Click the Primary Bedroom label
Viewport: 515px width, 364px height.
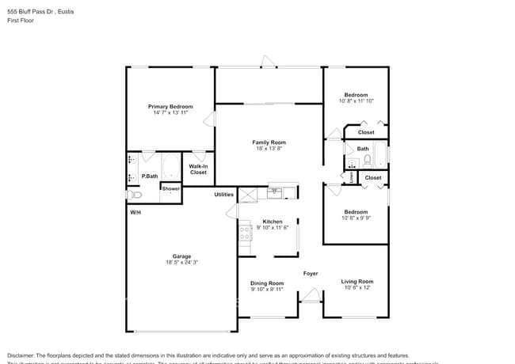tap(170, 106)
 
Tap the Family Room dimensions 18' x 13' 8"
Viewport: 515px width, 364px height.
tap(269, 150)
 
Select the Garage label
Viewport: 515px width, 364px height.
tap(182, 256)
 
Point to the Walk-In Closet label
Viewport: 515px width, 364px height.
tap(198, 169)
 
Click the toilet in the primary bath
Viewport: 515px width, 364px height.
tap(133, 194)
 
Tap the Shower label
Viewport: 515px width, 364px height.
tap(170, 188)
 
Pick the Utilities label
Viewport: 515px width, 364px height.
tap(224, 194)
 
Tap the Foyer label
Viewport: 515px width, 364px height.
tap(311, 274)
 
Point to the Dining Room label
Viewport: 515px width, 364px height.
tap(267, 282)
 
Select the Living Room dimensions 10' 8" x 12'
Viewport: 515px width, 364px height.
tap(357, 288)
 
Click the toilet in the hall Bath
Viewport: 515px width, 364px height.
tap(366, 160)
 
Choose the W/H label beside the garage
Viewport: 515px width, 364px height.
tap(135, 213)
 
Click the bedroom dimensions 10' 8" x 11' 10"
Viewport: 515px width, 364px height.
tap(356, 101)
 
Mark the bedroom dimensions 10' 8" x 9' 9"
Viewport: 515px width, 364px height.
tap(356, 218)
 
